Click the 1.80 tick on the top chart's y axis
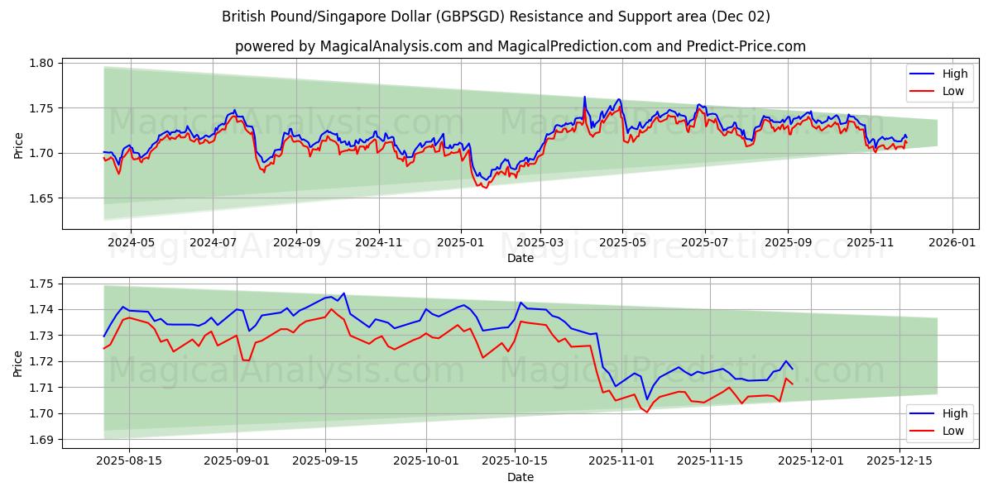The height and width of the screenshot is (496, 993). (42, 63)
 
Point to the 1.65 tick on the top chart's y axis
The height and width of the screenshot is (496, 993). (42, 198)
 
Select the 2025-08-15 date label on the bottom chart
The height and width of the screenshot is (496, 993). (128, 460)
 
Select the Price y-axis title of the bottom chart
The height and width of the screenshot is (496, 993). (19, 363)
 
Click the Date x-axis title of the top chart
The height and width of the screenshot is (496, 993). (520, 258)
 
